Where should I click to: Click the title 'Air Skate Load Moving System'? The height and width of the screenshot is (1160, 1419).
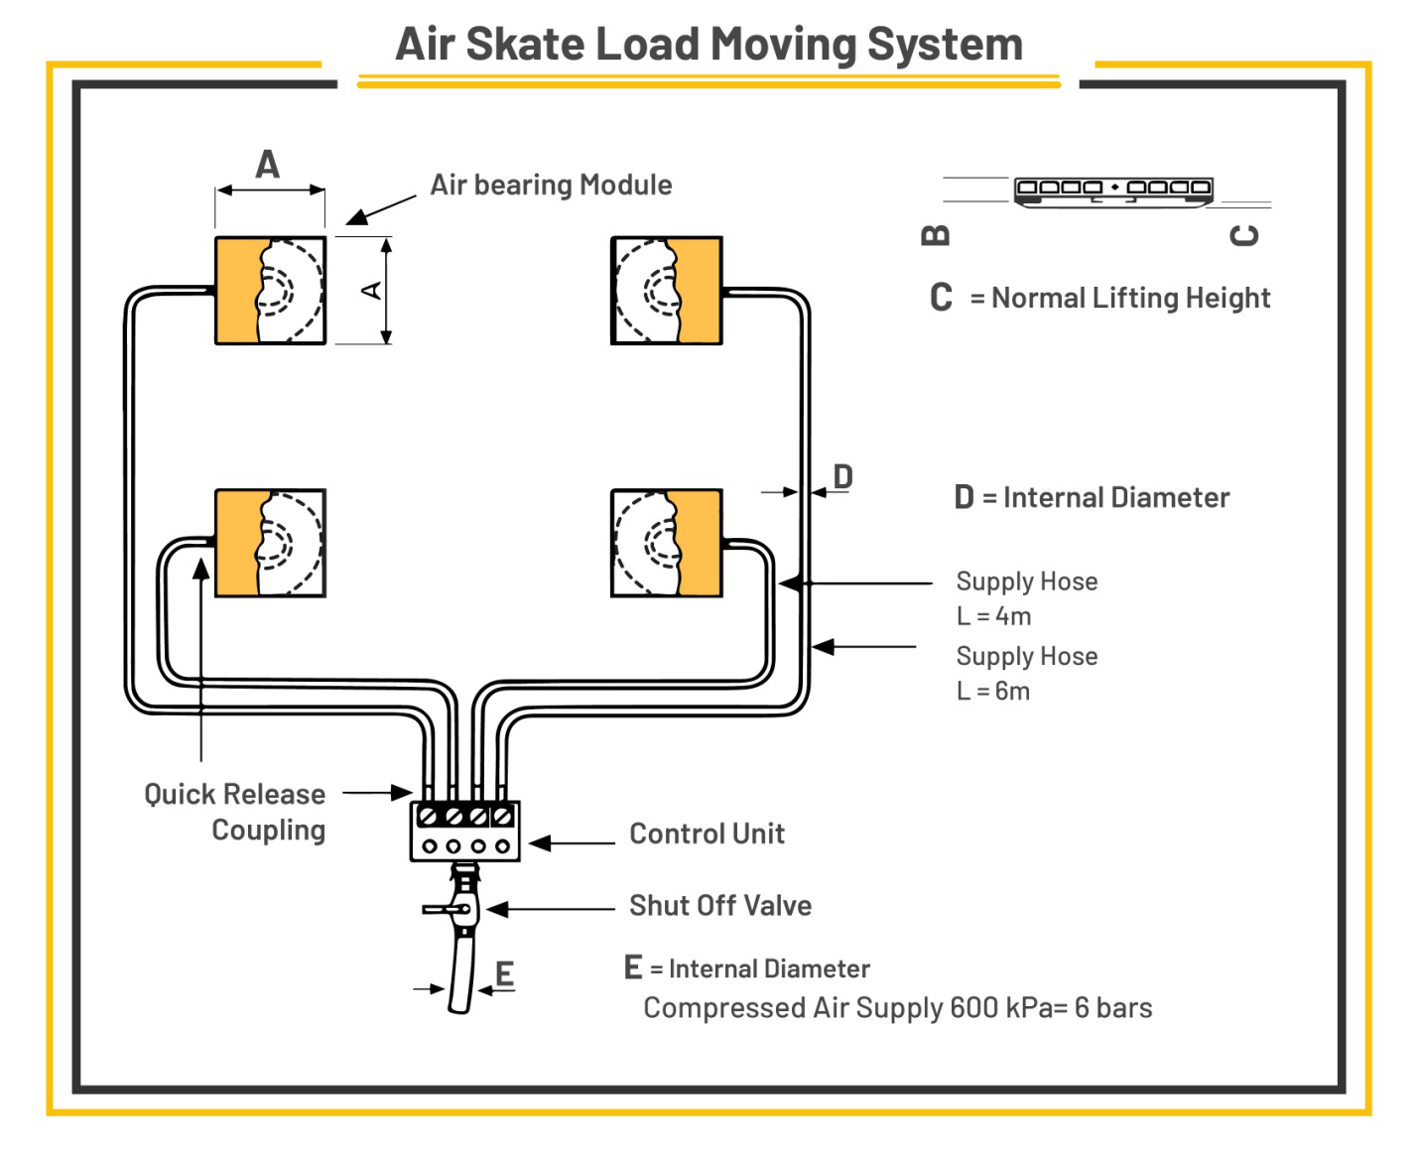coord(709,45)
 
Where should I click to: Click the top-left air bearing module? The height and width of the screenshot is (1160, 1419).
coord(270,291)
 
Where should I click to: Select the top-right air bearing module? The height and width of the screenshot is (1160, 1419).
coord(666,291)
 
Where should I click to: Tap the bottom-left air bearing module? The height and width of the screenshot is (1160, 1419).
coord(270,543)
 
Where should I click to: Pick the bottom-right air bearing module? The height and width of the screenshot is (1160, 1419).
coord(666,543)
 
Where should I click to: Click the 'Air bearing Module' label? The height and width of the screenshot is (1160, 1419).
coord(551,186)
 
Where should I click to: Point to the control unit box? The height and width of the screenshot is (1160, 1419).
coord(464,832)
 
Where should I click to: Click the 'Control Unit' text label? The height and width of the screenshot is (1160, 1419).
coord(707,834)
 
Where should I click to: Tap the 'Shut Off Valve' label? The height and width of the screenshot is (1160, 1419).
coord(720,906)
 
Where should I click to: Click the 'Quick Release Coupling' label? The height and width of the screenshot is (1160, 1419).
coord(236,812)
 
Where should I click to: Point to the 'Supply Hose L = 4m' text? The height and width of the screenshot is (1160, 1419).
coord(1026,598)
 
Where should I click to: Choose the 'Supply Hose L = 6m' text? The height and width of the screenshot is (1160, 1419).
coord(1026,673)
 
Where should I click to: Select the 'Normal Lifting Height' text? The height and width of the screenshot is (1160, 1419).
coord(1130,298)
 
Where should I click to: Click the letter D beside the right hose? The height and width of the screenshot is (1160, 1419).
coord(842,476)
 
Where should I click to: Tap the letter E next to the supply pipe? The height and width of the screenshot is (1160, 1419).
coord(504,973)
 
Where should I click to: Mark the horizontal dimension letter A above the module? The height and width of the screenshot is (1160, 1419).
coord(268,164)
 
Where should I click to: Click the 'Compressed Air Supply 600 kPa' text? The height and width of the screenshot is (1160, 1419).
coord(897,1008)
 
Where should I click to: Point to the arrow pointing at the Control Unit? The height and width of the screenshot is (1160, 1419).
coord(572,843)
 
